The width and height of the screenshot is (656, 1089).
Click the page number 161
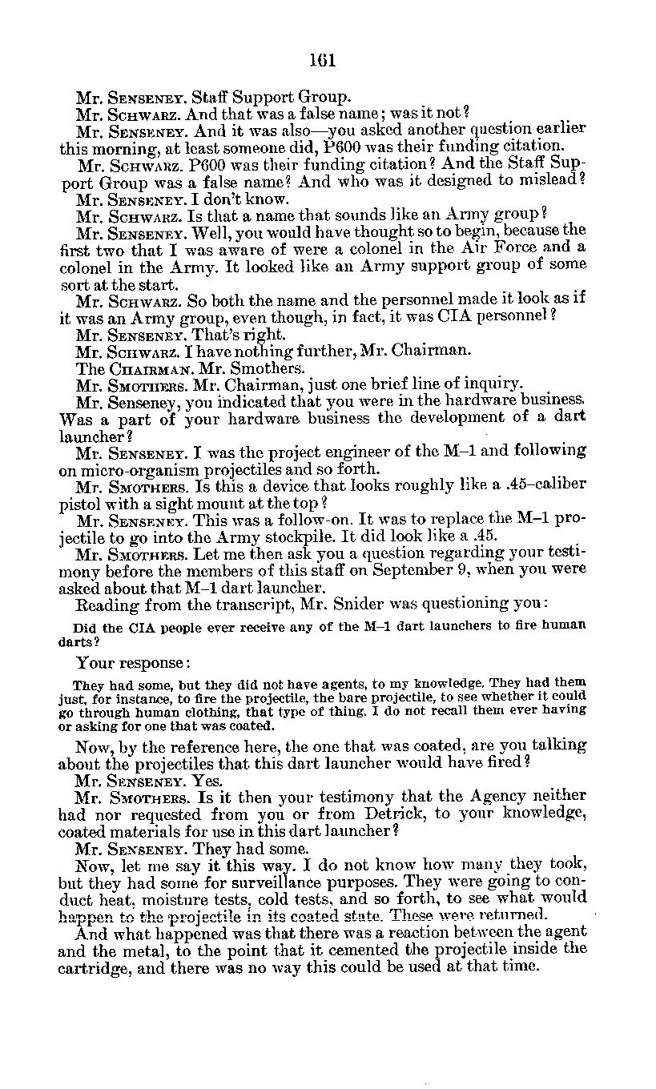tap(324, 61)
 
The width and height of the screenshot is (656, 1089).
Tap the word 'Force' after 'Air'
tap(516, 248)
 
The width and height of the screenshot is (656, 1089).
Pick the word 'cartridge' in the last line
tap(94, 966)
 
